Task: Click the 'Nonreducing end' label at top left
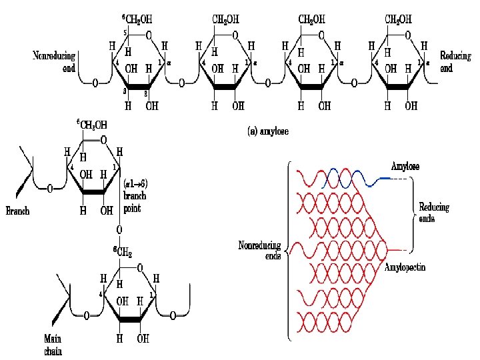(x=54, y=61)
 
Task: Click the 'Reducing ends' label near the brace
(x=433, y=213)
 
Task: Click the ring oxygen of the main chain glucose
(x=139, y=268)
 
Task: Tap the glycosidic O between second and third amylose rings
(x=268, y=83)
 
